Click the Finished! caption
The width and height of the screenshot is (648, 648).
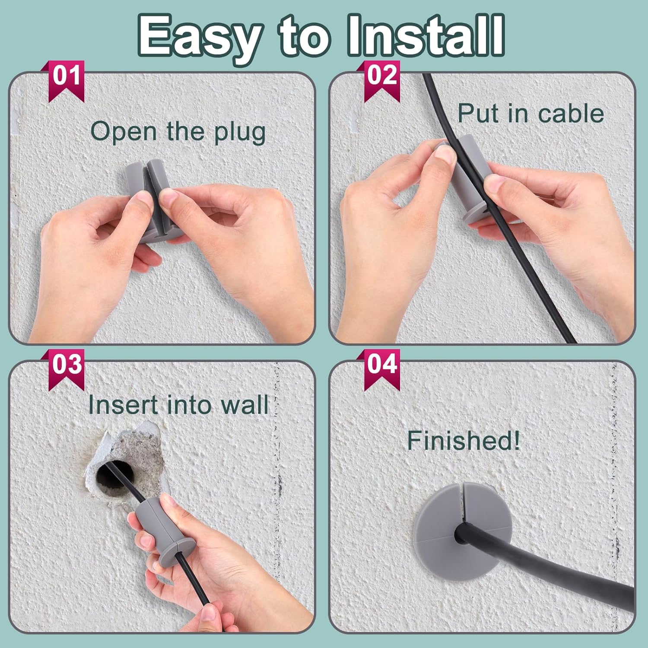pos(464,441)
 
